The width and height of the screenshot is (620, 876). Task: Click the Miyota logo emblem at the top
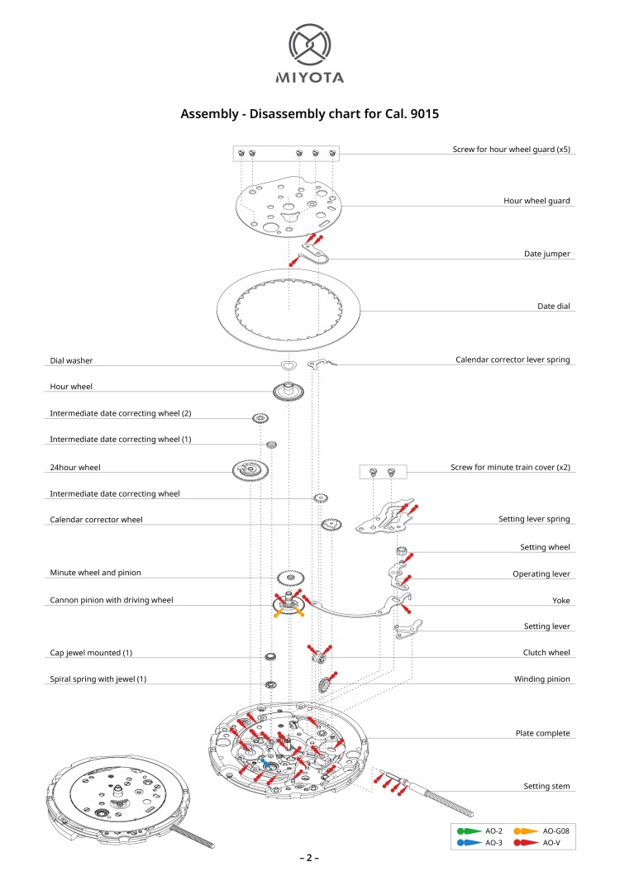(309, 45)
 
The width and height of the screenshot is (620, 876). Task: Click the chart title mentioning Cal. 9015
(310, 114)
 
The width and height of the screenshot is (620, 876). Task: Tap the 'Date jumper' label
(547, 254)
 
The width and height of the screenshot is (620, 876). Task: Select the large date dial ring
(289, 309)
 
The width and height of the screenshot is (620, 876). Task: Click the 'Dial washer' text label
(71, 360)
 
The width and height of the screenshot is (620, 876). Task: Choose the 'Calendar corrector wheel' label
(96, 520)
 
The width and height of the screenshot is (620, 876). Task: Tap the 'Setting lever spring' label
(534, 520)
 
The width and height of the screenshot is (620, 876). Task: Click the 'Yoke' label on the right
(560, 600)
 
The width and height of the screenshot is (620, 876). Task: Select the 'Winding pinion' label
(542, 679)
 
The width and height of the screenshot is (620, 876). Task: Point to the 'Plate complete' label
(542, 733)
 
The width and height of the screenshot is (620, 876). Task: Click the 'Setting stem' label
(546, 786)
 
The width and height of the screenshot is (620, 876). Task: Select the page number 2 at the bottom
(309, 858)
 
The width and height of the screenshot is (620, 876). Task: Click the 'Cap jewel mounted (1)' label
(91, 653)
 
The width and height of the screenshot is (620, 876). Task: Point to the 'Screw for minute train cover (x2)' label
(510, 468)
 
